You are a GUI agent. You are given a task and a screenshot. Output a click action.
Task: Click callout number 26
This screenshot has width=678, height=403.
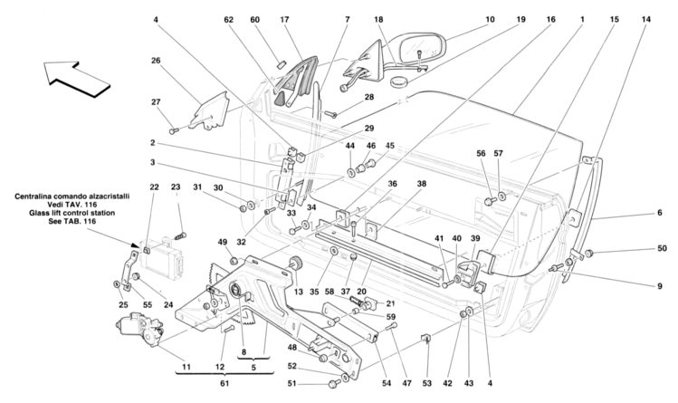[x=156, y=62]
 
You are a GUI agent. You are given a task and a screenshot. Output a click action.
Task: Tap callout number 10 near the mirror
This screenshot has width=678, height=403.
[x=490, y=18]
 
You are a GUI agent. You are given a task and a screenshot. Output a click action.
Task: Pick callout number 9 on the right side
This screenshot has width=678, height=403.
[x=659, y=286]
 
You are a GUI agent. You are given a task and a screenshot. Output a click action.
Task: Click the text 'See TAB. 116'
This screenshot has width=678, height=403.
[x=72, y=223]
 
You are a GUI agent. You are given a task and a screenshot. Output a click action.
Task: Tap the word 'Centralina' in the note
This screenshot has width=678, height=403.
[x=40, y=196]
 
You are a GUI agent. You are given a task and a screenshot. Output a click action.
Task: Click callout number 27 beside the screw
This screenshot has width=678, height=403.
[x=155, y=102]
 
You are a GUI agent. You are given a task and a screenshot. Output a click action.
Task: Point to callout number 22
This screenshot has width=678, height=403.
[x=155, y=187]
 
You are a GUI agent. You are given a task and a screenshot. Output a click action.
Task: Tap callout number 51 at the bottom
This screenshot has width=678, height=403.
[x=292, y=384]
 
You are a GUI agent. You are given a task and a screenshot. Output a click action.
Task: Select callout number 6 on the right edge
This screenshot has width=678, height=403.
[x=660, y=214]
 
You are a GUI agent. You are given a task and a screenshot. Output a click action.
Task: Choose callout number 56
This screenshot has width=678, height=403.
[x=482, y=153]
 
